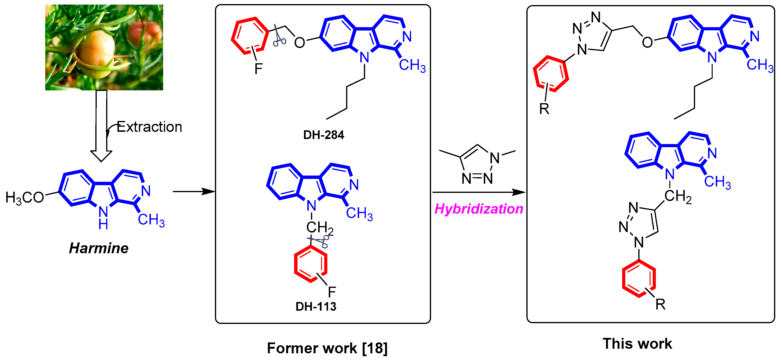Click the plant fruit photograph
click(104, 47)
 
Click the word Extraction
click(149, 127)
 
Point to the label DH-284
click(323, 135)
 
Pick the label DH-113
click(316, 307)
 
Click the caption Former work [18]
click(327, 348)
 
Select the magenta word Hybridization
click(479, 209)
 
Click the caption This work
click(637, 344)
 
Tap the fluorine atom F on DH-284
click(258, 69)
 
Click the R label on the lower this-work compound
click(660, 304)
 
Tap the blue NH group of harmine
click(103, 218)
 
